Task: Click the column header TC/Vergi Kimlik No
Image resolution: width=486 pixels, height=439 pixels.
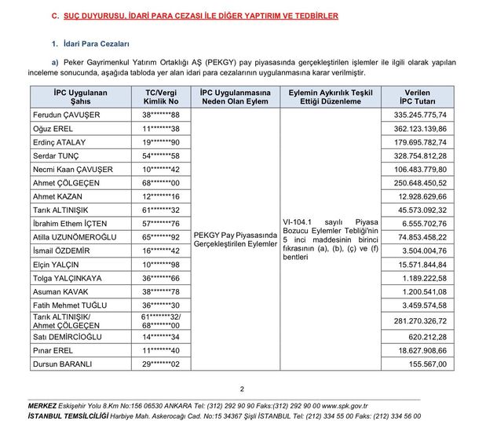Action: click(x=162, y=96)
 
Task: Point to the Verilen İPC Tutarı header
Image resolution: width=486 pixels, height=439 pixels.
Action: click(x=417, y=96)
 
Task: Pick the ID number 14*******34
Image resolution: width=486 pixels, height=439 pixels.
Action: click(x=162, y=336)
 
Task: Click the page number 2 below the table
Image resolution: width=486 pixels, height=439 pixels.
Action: click(x=243, y=388)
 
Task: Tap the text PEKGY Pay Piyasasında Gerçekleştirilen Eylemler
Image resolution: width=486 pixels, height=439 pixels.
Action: click(x=236, y=240)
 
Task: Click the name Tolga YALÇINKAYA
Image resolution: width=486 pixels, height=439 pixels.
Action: click(x=68, y=278)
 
